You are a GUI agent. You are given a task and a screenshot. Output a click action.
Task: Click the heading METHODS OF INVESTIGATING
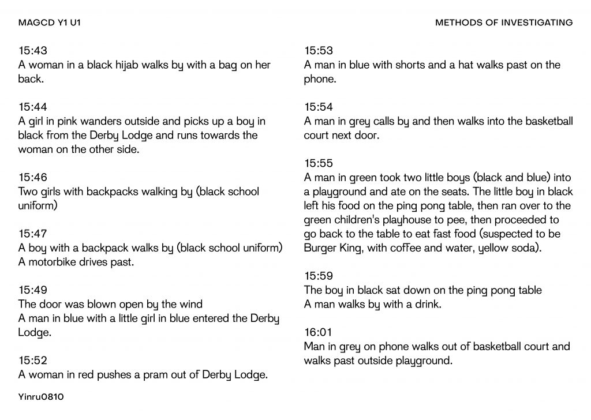(504, 23)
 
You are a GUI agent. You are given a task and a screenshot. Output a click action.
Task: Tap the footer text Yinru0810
(41, 397)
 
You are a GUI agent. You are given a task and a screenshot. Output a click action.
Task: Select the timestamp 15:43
(33, 51)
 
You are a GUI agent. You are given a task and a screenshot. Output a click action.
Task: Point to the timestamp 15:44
(33, 107)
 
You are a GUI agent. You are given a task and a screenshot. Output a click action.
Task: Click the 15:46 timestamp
(33, 177)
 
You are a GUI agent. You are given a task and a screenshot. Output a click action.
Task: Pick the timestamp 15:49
(33, 290)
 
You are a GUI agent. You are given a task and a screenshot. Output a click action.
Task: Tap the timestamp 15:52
(33, 360)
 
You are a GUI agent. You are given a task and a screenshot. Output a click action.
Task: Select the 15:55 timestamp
(319, 163)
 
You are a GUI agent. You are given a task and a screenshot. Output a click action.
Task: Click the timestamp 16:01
(318, 332)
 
